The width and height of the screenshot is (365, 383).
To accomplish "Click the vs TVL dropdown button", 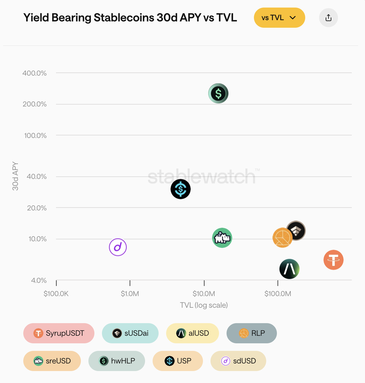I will (x=279, y=18).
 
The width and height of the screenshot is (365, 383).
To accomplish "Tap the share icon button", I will (x=328, y=18).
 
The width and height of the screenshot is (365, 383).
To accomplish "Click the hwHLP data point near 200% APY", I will (x=218, y=94).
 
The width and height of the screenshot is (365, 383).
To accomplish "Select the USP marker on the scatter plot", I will (x=181, y=189).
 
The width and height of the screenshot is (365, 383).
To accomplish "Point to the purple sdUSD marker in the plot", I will (x=118, y=247).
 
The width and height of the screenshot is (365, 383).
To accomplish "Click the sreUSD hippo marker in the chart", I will (x=222, y=238).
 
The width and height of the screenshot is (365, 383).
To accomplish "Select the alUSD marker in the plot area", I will (x=289, y=269).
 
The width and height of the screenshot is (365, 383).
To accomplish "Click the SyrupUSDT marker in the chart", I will (x=334, y=260).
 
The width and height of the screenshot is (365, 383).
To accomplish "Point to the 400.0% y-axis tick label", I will (x=35, y=73).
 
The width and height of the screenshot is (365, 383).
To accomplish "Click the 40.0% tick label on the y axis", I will (x=36, y=176).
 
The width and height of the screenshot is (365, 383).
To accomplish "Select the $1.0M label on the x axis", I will (x=130, y=294).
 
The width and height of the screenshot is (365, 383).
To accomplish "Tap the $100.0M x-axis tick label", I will (x=278, y=294).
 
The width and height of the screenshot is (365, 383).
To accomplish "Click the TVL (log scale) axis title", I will (x=204, y=305).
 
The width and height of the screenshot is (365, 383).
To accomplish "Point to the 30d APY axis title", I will (x=15, y=176).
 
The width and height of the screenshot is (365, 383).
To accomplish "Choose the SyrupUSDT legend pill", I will (x=59, y=333).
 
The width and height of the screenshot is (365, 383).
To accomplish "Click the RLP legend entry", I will (x=252, y=333).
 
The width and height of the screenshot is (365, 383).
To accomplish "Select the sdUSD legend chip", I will (x=238, y=361).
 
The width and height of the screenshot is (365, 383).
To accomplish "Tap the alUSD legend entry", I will (x=192, y=333).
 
